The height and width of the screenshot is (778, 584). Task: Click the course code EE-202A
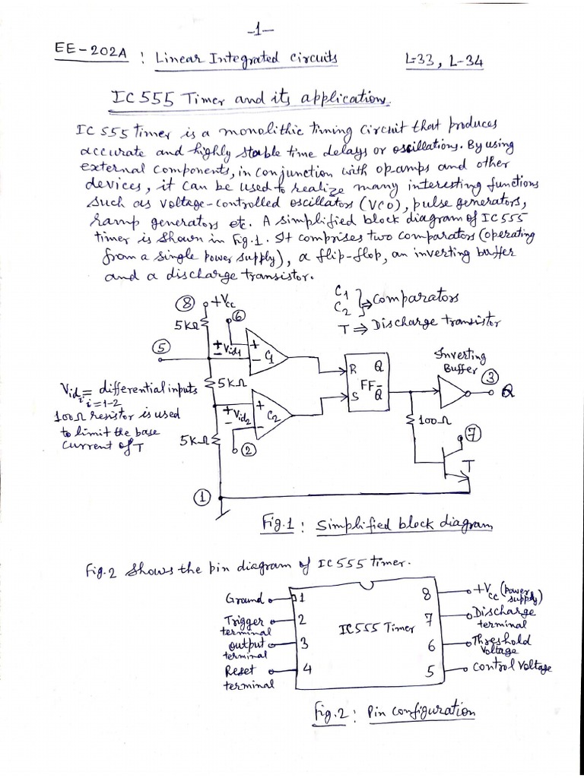click(x=90, y=53)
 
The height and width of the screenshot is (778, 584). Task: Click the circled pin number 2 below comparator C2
click(x=248, y=451)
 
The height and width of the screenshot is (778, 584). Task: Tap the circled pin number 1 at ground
click(x=202, y=498)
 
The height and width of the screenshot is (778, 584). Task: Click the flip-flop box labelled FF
click(x=368, y=382)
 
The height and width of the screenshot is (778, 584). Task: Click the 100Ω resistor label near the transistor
click(x=435, y=419)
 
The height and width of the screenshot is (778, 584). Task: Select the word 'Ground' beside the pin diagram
click(x=243, y=598)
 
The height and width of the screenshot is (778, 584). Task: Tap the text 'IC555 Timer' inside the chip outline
click(x=377, y=629)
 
